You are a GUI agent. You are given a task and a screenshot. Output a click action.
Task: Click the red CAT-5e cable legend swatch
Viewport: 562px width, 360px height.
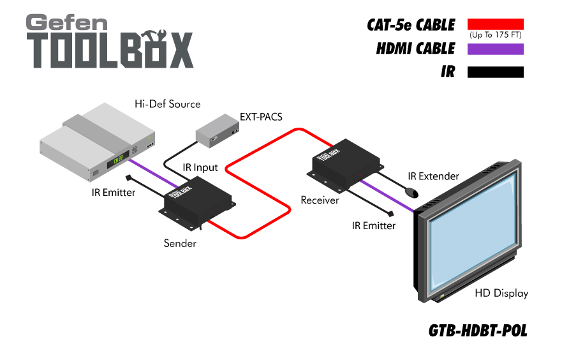pyautogui.click(x=495, y=24)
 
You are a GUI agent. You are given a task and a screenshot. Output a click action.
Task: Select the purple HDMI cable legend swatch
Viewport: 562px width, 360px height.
pyautogui.click(x=495, y=49)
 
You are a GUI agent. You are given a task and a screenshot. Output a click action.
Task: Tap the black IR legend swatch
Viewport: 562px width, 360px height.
pyautogui.click(x=495, y=72)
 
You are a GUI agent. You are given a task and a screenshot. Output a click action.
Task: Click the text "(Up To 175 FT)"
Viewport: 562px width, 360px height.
pyautogui.click(x=495, y=35)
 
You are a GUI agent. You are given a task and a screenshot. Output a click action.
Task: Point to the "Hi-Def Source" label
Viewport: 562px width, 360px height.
pyautogui.click(x=167, y=103)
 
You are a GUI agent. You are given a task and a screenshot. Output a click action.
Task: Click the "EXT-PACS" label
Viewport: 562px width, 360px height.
pyautogui.click(x=261, y=117)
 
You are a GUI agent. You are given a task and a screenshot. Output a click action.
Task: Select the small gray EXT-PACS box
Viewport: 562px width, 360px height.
pyautogui.click(x=218, y=131)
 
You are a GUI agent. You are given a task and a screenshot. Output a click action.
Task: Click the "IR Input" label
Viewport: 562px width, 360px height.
pyautogui.click(x=200, y=167)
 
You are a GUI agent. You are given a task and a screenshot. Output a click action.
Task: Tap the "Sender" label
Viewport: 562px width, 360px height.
pyautogui.click(x=180, y=243)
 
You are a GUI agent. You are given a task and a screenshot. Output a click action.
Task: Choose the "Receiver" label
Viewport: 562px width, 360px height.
pyautogui.click(x=320, y=200)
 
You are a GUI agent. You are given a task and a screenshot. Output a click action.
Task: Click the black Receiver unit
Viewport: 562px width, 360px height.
pyautogui.click(x=344, y=165)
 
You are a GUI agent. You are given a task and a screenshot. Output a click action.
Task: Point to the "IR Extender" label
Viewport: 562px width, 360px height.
pyautogui.click(x=434, y=176)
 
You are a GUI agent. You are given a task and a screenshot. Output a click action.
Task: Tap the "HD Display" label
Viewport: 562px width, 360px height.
pyautogui.click(x=501, y=293)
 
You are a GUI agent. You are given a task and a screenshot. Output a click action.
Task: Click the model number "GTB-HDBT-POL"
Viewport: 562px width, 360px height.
pyautogui.click(x=477, y=331)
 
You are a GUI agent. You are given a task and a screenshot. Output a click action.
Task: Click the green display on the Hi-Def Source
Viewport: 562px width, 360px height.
pyautogui.click(x=119, y=161)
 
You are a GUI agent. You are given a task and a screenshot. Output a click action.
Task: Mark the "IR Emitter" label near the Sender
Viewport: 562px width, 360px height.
pyautogui.click(x=114, y=191)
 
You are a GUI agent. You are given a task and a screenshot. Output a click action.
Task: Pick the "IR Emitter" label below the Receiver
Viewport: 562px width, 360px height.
pyautogui.click(x=374, y=225)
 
